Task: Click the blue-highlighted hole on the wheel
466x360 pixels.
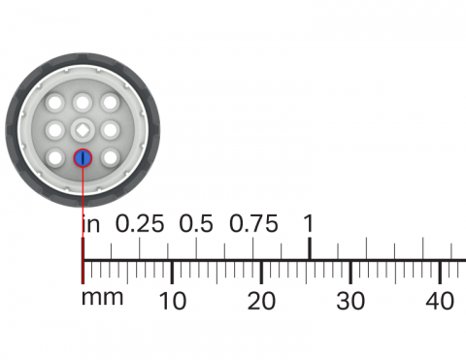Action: [x=83, y=156]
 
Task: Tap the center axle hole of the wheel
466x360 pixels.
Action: [x=83, y=128]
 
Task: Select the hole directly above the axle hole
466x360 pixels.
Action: [x=83, y=101]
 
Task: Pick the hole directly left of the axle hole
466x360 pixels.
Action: [x=56, y=128]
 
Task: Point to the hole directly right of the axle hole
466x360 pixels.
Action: [x=111, y=128]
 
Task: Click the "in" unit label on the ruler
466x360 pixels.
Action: [x=90, y=223]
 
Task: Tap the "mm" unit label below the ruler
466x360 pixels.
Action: [x=102, y=297]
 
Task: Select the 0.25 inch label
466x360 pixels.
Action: [x=140, y=223]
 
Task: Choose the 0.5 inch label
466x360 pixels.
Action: [x=195, y=223]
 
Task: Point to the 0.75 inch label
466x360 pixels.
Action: [x=252, y=223]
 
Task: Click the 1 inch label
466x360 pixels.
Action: [x=309, y=223]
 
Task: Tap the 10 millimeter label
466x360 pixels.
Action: [x=172, y=301]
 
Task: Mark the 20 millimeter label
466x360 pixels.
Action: [x=261, y=301]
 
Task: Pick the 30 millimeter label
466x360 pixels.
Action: [x=350, y=301]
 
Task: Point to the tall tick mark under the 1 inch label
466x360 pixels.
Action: [x=310, y=248]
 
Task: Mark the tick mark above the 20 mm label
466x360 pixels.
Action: [x=261, y=272]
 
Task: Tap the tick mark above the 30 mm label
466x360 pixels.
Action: [x=350, y=272]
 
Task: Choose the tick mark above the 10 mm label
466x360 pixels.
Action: [x=172, y=272]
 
